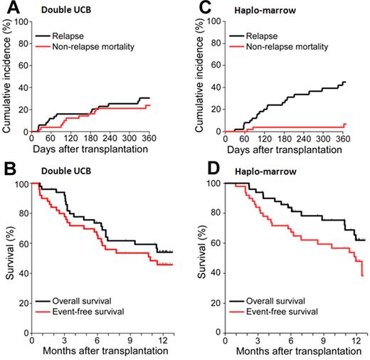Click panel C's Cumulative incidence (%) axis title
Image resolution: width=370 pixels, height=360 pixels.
[x=199, y=78]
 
